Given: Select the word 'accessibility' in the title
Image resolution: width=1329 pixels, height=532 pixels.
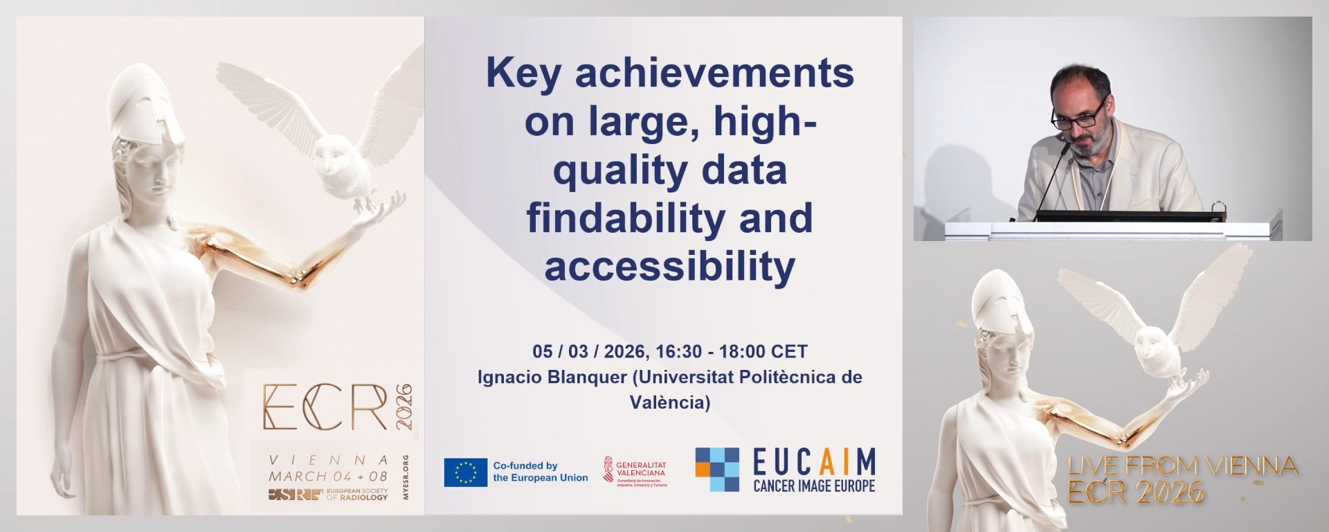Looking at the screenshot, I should pyautogui.click(x=669, y=266).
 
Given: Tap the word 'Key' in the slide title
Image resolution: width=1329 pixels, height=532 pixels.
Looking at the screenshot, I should pyautogui.click(x=523, y=73).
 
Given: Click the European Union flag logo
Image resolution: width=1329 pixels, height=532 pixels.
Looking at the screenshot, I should pyautogui.click(x=465, y=472).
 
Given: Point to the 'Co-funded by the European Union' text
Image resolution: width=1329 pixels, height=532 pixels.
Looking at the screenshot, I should pyautogui.click(x=540, y=472).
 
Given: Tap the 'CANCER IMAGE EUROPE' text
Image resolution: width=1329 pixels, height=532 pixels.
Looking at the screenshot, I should pyautogui.click(x=814, y=486).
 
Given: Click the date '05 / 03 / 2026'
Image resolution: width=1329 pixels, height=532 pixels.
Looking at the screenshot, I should pyautogui.click(x=589, y=352).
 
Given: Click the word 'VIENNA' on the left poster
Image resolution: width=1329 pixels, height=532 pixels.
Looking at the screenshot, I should pyautogui.click(x=328, y=460).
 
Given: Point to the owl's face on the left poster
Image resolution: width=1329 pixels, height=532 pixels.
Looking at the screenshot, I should pyautogui.click(x=329, y=157).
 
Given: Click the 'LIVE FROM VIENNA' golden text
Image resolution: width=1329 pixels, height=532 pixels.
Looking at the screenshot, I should pyautogui.click(x=1182, y=466).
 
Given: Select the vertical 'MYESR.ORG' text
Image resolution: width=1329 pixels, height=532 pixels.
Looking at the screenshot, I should pyautogui.click(x=406, y=483).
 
